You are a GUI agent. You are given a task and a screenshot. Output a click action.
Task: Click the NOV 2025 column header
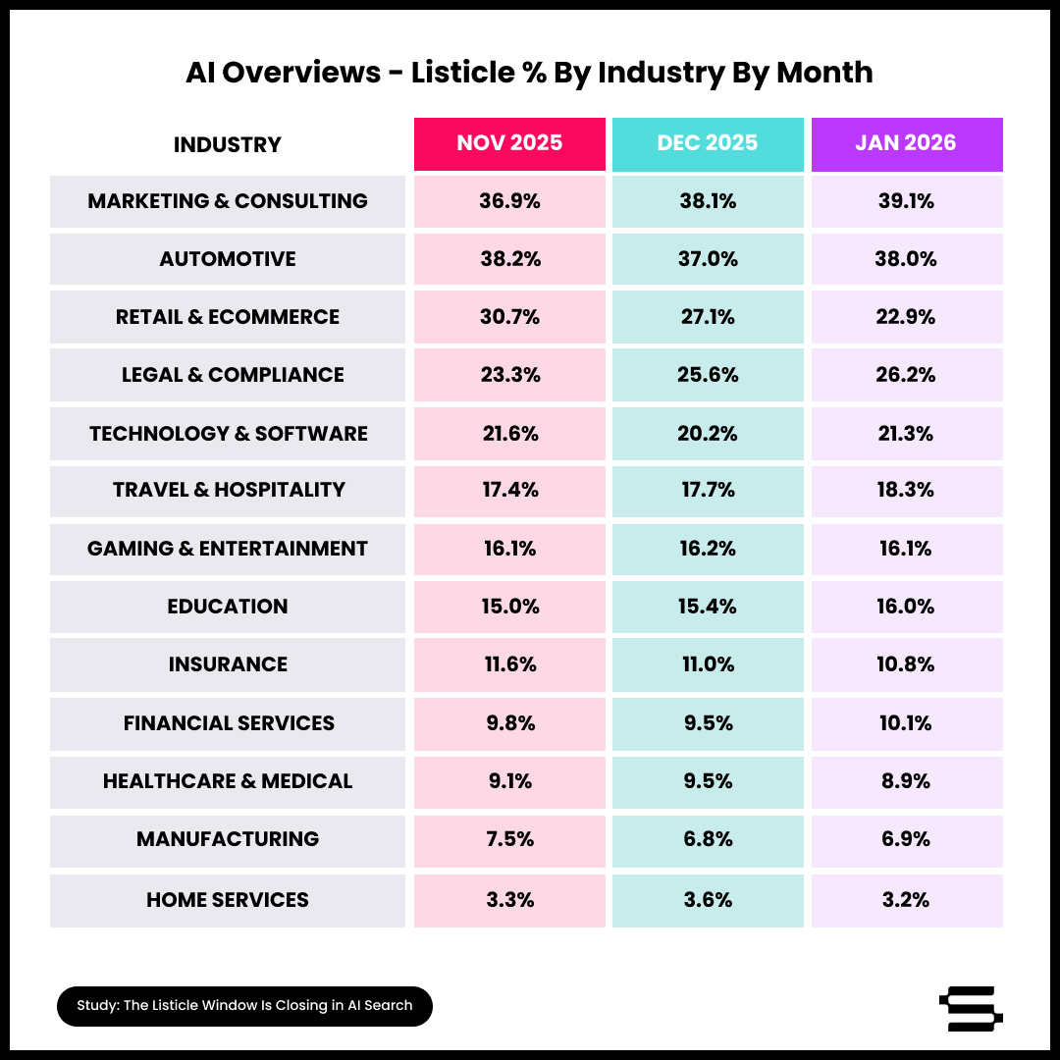[x=509, y=143]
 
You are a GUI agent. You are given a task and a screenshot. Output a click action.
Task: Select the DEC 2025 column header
[x=708, y=143]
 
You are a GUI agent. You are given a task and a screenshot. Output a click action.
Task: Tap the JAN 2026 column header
[x=906, y=143]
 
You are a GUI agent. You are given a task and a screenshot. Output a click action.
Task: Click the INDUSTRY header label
[x=228, y=145]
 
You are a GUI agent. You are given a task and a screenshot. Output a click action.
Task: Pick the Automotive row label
[x=228, y=259]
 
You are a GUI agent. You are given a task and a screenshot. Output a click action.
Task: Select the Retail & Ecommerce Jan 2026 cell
[x=907, y=317]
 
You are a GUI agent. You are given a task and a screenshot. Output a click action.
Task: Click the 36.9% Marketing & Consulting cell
[x=509, y=201]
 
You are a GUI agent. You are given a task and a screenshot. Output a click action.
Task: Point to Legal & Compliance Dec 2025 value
[x=708, y=375]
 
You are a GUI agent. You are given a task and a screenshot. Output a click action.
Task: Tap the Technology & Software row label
[x=228, y=434]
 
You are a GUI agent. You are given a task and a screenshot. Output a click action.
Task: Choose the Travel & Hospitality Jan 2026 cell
[x=907, y=490]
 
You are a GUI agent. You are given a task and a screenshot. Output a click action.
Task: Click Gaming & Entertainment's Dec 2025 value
[x=708, y=549]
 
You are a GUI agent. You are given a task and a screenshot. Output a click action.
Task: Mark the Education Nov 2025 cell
[x=509, y=607]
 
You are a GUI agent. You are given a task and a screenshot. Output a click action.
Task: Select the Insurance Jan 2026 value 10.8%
[x=907, y=664]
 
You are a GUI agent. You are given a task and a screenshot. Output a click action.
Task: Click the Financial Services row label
[x=228, y=723]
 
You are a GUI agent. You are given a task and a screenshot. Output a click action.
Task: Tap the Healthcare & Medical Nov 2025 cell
[x=509, y=781]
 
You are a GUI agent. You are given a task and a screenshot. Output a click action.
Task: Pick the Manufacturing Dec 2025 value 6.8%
[x=708, y=839]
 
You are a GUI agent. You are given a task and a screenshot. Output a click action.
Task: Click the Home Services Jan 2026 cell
[x=907, y=900]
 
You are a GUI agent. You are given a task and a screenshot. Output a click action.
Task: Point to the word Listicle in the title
[x=461, y=73]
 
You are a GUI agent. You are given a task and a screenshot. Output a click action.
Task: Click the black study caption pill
[x=244, y=1006]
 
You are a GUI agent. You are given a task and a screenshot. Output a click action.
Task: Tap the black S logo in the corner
[x=970, y=1008]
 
